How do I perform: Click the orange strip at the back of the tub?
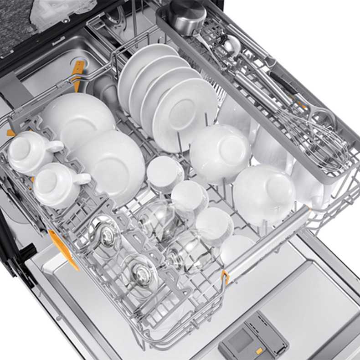[x=79, y=73]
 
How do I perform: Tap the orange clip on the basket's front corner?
[x=225, y=276]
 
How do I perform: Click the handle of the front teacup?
[x=82, y=179]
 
